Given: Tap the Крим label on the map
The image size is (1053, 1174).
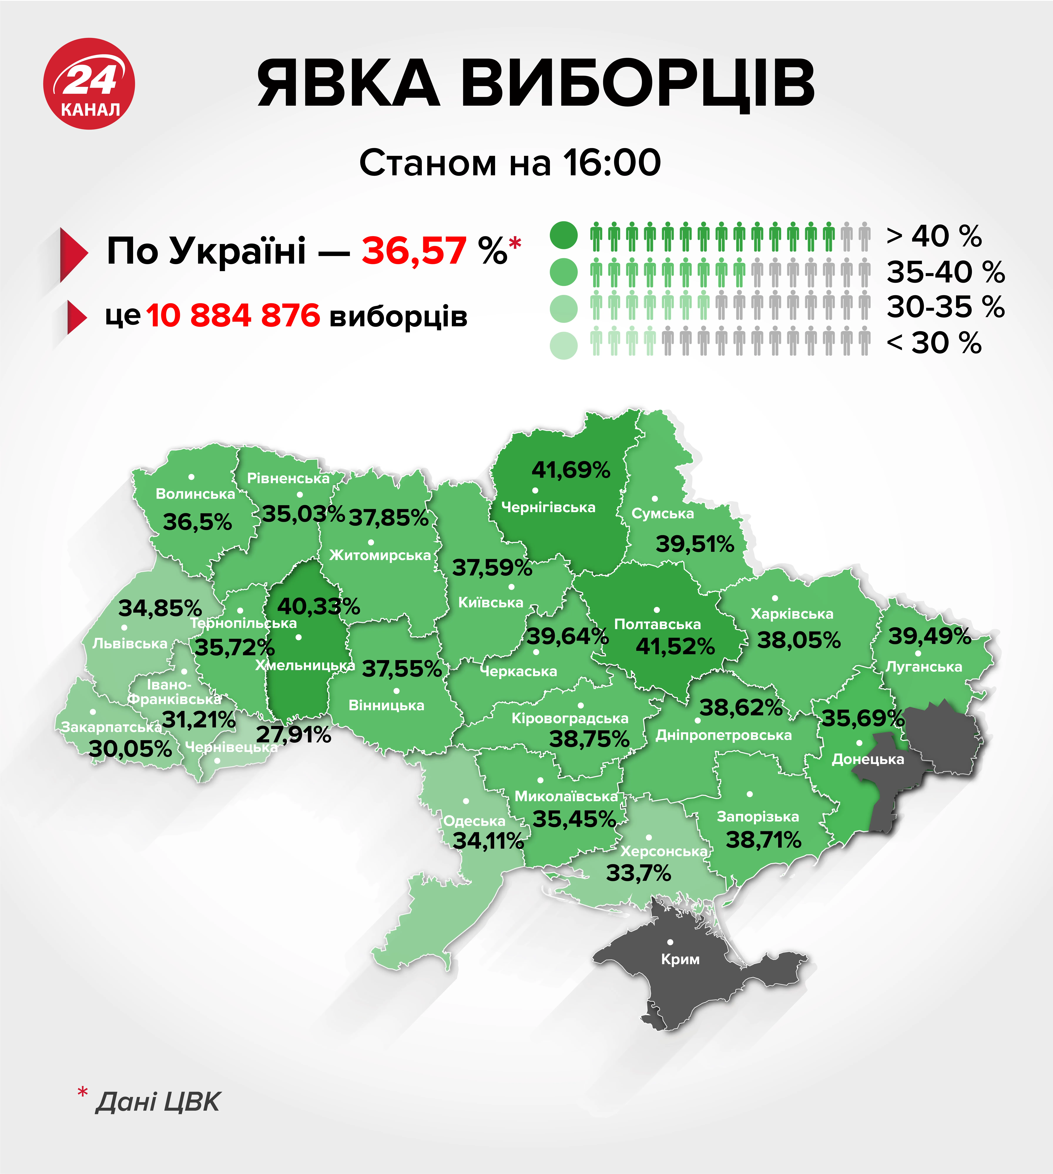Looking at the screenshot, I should (x=680, y=959).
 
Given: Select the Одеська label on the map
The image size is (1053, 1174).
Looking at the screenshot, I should (x=474, y=821).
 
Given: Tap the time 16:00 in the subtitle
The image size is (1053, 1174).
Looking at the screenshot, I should (x=612, y=163).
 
